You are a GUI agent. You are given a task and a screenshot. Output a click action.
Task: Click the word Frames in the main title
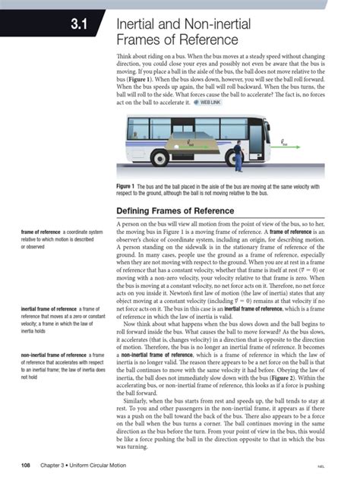141,40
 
